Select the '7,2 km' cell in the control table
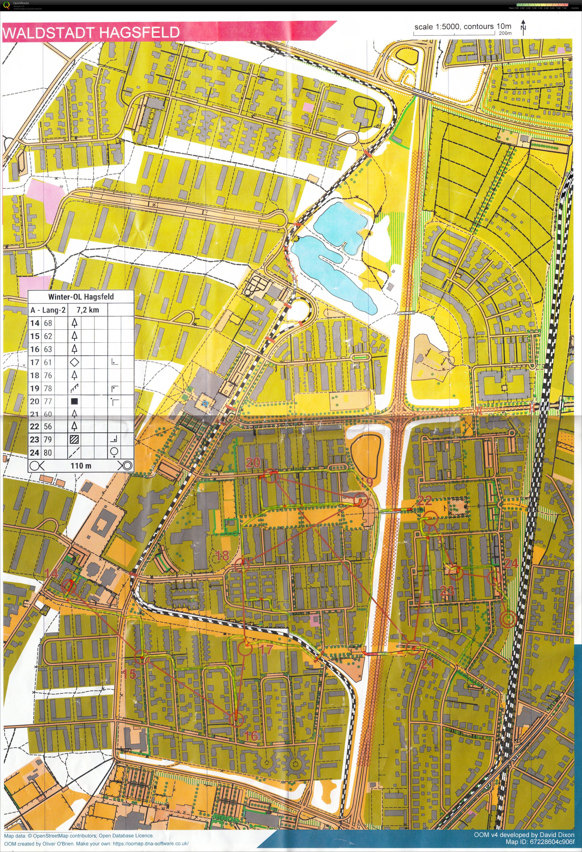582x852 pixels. click(x=87, y=310)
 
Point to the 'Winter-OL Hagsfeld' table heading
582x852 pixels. click(x=81, y=297)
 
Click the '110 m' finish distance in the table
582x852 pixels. click(x=81, y=466)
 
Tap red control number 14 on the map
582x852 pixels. click(x=51, y=573)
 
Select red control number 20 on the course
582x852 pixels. click(x=253, y=463)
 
